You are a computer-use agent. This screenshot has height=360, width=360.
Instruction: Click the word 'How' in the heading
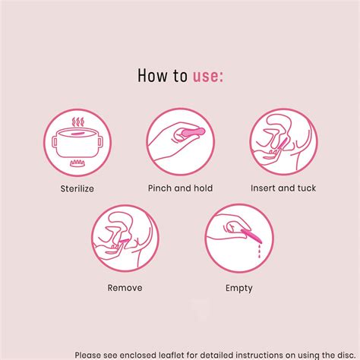pyautogui.click(x=150, y=75)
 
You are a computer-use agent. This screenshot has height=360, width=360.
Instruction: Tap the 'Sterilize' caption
pyautogui.click(x=77, y=188)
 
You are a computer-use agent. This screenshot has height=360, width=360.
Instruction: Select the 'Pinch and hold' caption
pyautogui.click(x=179, y=188)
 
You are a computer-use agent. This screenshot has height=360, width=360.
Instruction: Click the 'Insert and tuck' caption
pyautogui.click(x=283, y=188)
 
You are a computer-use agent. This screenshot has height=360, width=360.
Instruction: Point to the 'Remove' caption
pyautogui.click(x=125, y=288)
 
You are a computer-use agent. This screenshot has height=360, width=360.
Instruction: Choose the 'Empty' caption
pyautogui.click(x=238, y=288)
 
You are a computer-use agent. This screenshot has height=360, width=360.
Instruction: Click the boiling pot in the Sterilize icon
pyautogui.click(x=77, y=144)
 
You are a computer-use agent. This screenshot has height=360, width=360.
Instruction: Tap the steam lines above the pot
pyautogui.click(x=77, y=122)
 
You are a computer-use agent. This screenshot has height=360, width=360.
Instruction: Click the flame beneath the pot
pyautogui.click(x=77, y=164)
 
